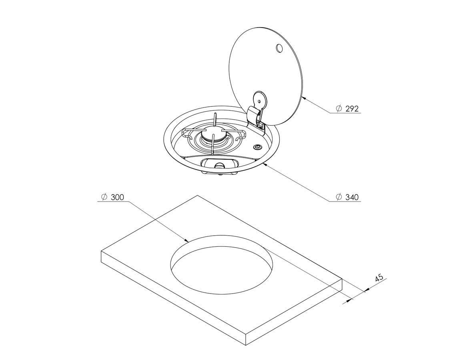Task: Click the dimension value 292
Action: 352,109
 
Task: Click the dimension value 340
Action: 352,197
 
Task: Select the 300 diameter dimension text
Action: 117,197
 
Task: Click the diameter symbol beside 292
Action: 339,109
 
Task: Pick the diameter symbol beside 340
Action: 339,197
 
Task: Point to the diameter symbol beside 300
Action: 104,197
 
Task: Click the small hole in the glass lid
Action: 279,48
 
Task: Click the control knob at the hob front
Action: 218,165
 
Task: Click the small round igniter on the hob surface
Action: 257,146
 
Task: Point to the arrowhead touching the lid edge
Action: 304,98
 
